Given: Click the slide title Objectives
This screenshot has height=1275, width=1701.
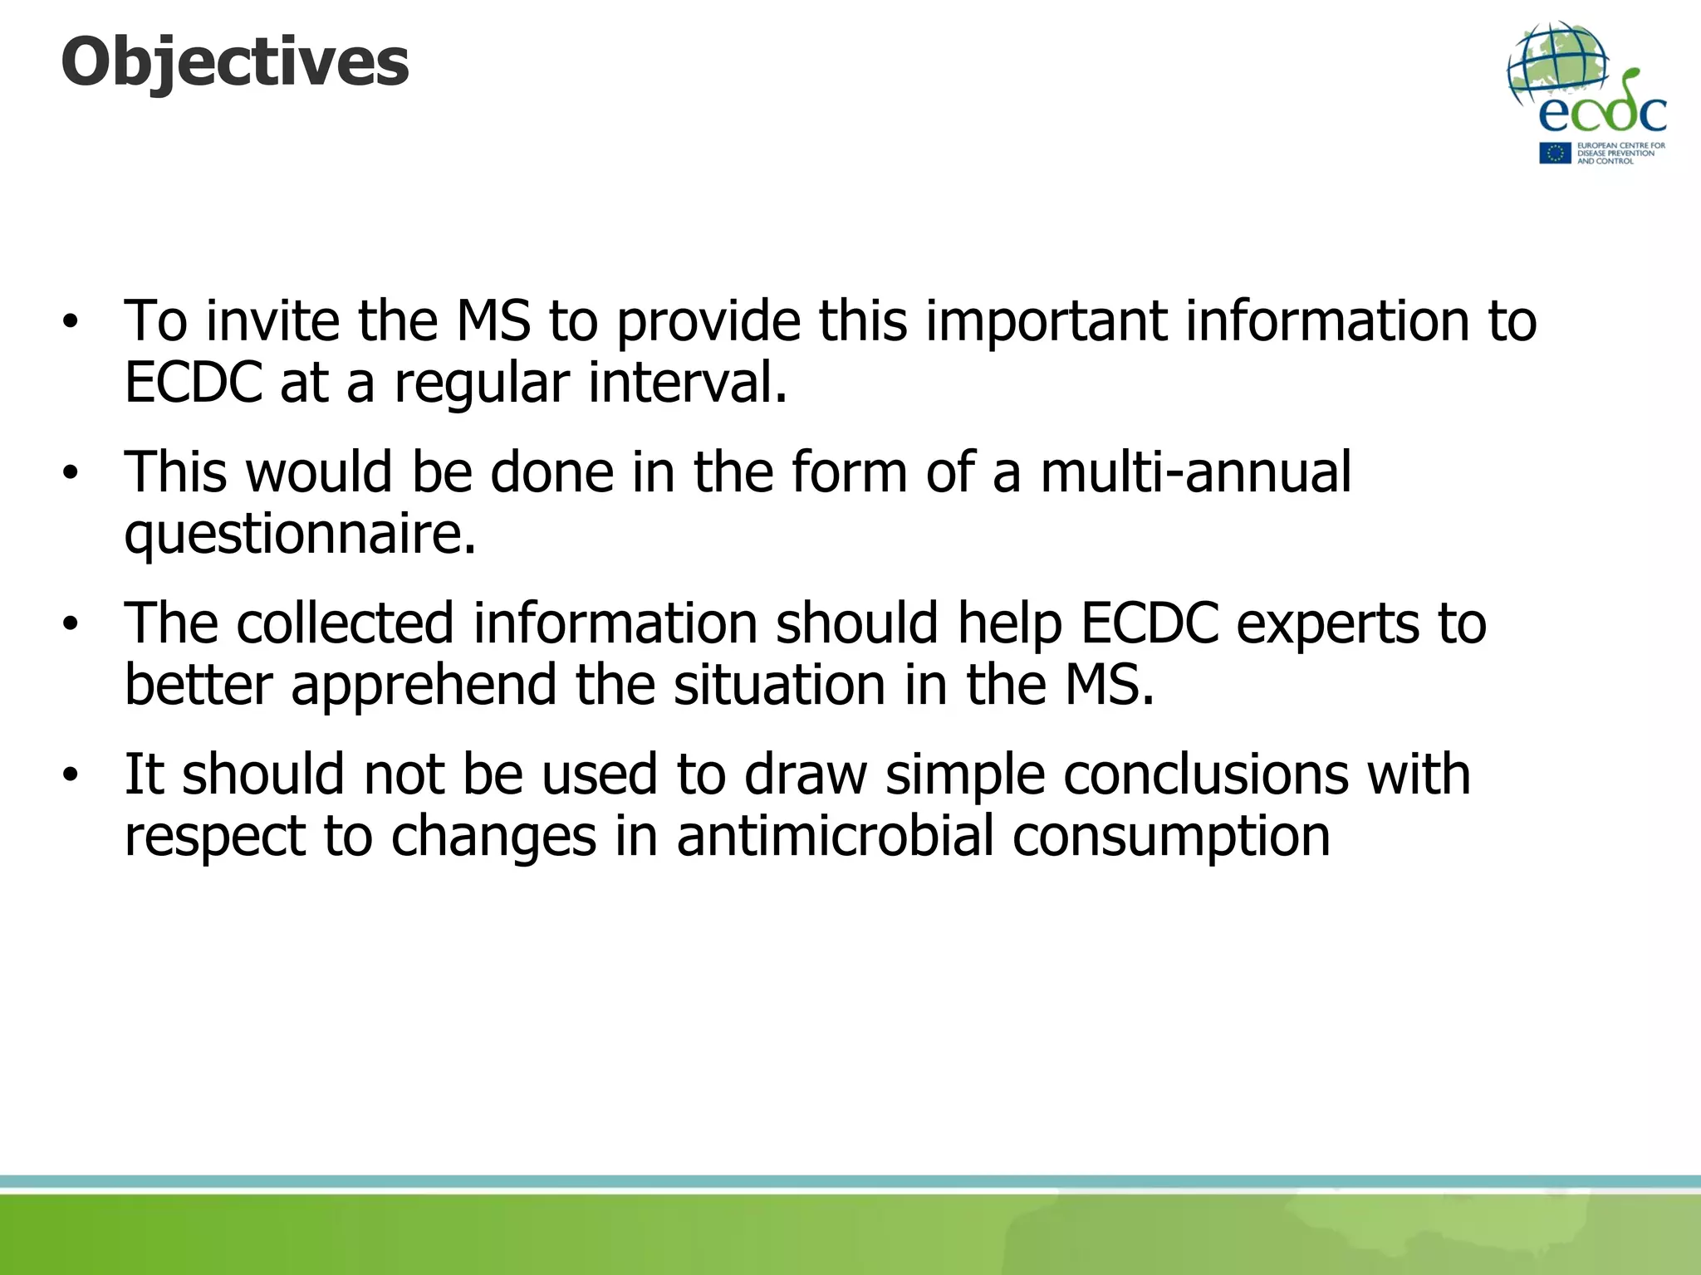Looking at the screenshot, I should click(235, 63).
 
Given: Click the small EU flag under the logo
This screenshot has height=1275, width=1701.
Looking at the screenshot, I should click(1555, 153).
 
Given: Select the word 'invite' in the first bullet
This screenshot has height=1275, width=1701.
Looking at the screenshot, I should click(272, 320).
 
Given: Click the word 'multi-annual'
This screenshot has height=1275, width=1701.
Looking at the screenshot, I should click(1196, 471).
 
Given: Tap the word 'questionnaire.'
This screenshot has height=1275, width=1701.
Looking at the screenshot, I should click(301, 534).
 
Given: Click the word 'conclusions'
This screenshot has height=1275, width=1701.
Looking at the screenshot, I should click(1206, 774).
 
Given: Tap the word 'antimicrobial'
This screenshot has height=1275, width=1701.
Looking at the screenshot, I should click(835, 836).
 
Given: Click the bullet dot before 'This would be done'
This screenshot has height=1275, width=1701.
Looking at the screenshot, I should click(71, 472).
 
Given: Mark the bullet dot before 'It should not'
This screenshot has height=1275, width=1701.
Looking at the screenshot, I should click(71, 774).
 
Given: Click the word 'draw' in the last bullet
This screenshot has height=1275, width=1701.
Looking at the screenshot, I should click(805, 774).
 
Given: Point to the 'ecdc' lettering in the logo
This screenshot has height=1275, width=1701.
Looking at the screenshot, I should click(1602, 112).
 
